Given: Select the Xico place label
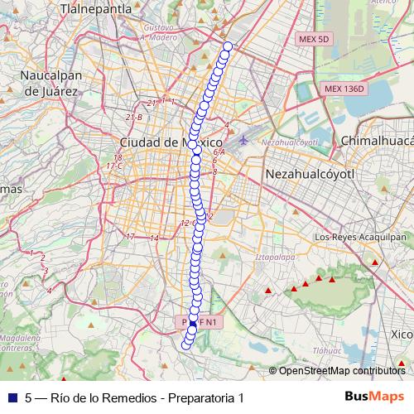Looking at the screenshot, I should tap(401, 335).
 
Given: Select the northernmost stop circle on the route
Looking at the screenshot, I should tap(228, 46).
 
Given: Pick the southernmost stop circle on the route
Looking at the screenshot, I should tap(185, 345).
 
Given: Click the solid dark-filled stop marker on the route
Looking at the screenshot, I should tap(193, 322).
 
